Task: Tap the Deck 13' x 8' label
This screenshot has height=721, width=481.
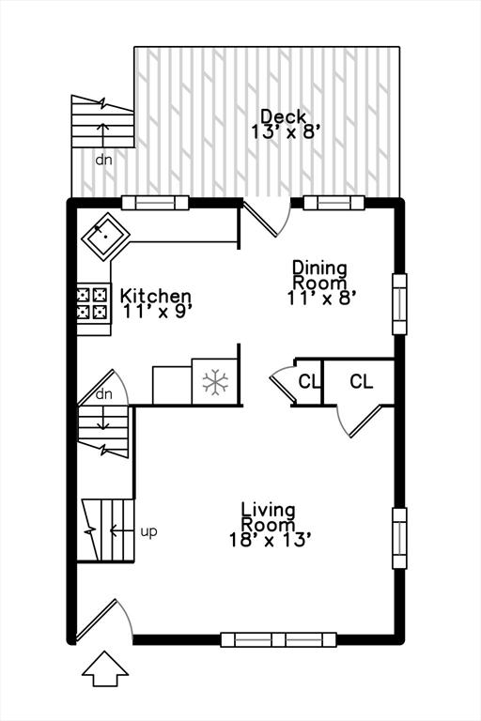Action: coord(286,124)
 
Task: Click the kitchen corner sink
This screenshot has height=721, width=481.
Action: coord(105,237)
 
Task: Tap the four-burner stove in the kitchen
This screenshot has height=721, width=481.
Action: coord(93,303)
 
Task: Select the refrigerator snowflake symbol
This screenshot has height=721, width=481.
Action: coord(215,382)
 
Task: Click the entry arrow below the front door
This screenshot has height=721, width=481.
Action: coord(105,669)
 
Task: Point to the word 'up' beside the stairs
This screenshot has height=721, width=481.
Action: coord(148,532)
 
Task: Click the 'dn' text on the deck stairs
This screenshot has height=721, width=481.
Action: coord(103,160)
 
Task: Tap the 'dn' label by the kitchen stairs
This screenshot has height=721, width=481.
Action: coord(104,394)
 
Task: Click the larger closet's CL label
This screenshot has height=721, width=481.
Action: coord(362,381)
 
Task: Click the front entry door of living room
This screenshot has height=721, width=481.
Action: coord(104,620)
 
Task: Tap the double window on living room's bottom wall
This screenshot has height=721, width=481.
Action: coord(278,639)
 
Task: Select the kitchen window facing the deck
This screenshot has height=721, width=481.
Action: coord(155,203)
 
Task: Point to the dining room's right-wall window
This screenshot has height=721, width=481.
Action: coord(399,304)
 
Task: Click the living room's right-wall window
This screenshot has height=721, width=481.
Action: coord(399,539)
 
